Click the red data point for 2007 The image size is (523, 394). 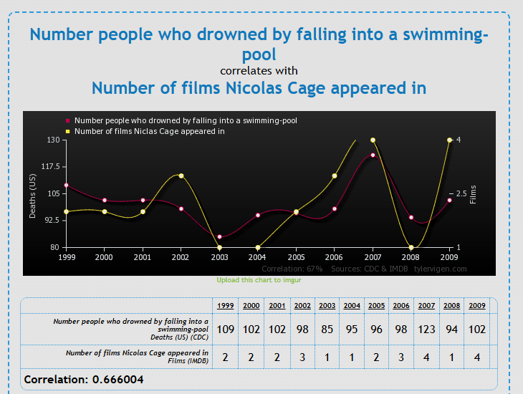[x=373, y=155]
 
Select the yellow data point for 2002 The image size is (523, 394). [x=181, y=176]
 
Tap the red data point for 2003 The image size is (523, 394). [x=219, y=236]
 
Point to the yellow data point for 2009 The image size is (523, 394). [x=449, y=140]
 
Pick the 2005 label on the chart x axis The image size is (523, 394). [x=296, y=256]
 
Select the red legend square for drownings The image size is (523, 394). [x=68, y=121]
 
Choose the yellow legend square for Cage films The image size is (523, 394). [x=68, y=131]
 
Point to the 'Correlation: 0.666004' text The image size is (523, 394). [x=84, y=378]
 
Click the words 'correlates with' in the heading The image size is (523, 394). [x=259, y=71]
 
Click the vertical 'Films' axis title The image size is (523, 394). [x=473, y=193]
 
